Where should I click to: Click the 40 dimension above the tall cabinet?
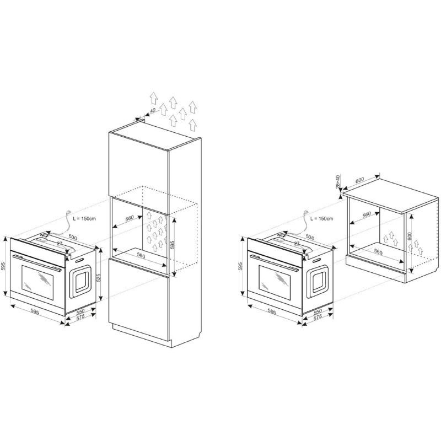(x=153, y=111)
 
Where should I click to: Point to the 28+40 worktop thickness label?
(x=338, y=181)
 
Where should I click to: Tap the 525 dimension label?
(x=99, y=278)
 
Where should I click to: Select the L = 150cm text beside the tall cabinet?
(x=84, y=218)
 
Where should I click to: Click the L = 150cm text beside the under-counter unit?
(x=322, y=218)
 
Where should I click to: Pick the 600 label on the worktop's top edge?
(x=360, y=180)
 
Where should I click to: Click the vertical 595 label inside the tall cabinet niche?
(x=173, y=244)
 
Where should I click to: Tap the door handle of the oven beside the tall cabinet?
(x=36, y=263)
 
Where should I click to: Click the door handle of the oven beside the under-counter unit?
(x=274, y=263)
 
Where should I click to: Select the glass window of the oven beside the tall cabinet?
(x=37, y=282)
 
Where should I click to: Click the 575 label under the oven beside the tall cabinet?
(x=80, y=317)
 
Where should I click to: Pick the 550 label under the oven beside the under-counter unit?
(x=318, y=311)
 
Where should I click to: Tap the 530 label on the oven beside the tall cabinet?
(x=73, y=238)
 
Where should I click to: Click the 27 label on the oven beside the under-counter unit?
(x=297, y=244)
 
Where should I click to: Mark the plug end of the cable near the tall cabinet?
(x=68, y=212)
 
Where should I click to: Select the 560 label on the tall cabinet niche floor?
(x=141, y=256)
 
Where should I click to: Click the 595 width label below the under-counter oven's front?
(x=272, y=312)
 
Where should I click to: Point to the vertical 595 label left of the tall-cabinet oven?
(x=3, y=266)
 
